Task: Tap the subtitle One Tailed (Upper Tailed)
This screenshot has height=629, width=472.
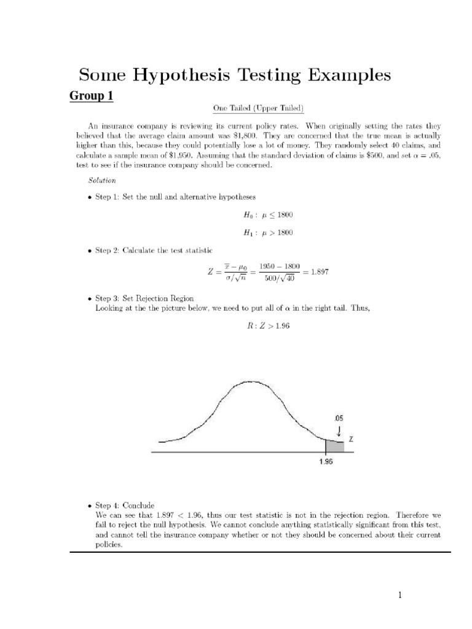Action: tap(258, 109)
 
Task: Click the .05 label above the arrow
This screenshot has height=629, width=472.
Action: tap(339, 418)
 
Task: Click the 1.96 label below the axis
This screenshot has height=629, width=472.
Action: tap(326, 463)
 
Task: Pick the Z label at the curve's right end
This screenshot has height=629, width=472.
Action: tap(351, 440)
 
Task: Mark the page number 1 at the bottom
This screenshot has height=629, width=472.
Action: tap(399, 595)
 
